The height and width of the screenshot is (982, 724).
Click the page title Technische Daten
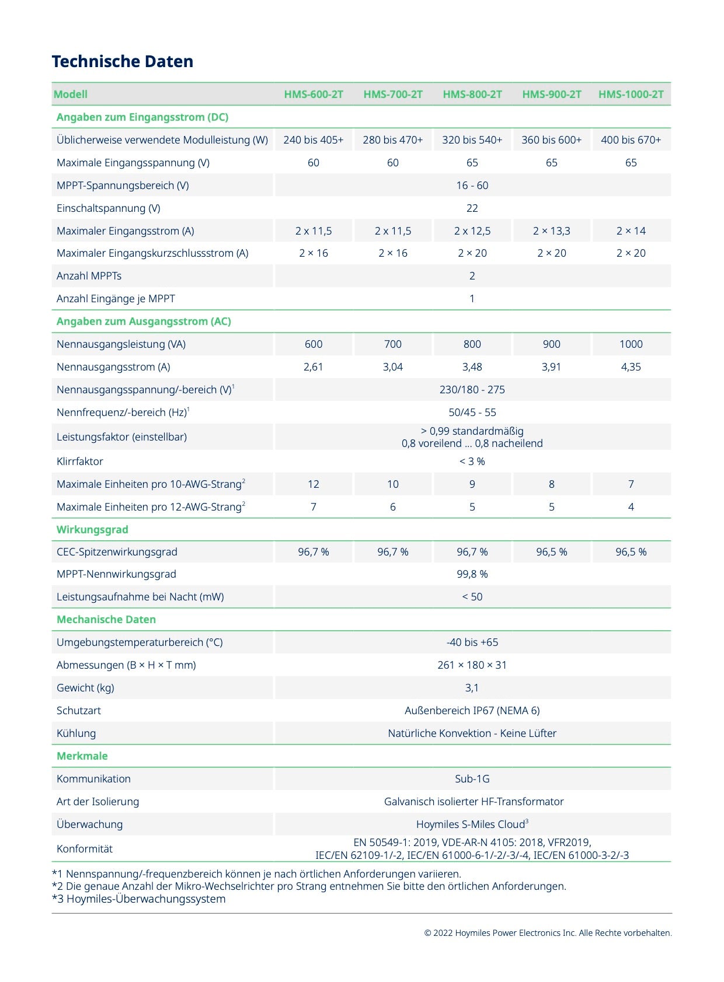coord(122,61)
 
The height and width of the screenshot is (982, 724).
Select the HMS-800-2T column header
coord(472,94)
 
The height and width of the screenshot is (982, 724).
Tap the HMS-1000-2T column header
coord(631,94)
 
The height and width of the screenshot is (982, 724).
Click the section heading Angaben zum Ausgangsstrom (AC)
coord(144,321)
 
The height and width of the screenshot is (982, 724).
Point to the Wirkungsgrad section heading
coord(92,530)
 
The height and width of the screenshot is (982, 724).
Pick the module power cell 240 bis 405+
coord(314,140)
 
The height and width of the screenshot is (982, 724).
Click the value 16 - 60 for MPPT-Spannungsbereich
coord(472,186)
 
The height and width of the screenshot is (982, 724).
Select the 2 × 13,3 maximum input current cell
coord(551,231)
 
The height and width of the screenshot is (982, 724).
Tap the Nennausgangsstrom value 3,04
coord(392,367)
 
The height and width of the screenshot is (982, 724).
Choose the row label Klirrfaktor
coord(80,462)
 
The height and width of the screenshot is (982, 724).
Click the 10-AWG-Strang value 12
coord(314,484)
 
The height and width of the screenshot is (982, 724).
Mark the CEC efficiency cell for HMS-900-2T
coord(551,552)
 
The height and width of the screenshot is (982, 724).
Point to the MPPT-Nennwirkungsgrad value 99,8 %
coord(472,574)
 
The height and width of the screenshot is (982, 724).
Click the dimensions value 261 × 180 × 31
coord(472,665)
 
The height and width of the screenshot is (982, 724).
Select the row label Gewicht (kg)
coord(85,688)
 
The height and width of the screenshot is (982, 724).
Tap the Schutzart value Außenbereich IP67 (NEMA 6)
coord(472,711)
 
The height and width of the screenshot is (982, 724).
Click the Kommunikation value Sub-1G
coord(472,779)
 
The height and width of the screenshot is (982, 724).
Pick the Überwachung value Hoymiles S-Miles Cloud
coord(472,824)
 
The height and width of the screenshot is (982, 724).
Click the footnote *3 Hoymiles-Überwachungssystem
coord(139,899)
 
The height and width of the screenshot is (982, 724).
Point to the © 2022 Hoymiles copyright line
coord(548,933)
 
